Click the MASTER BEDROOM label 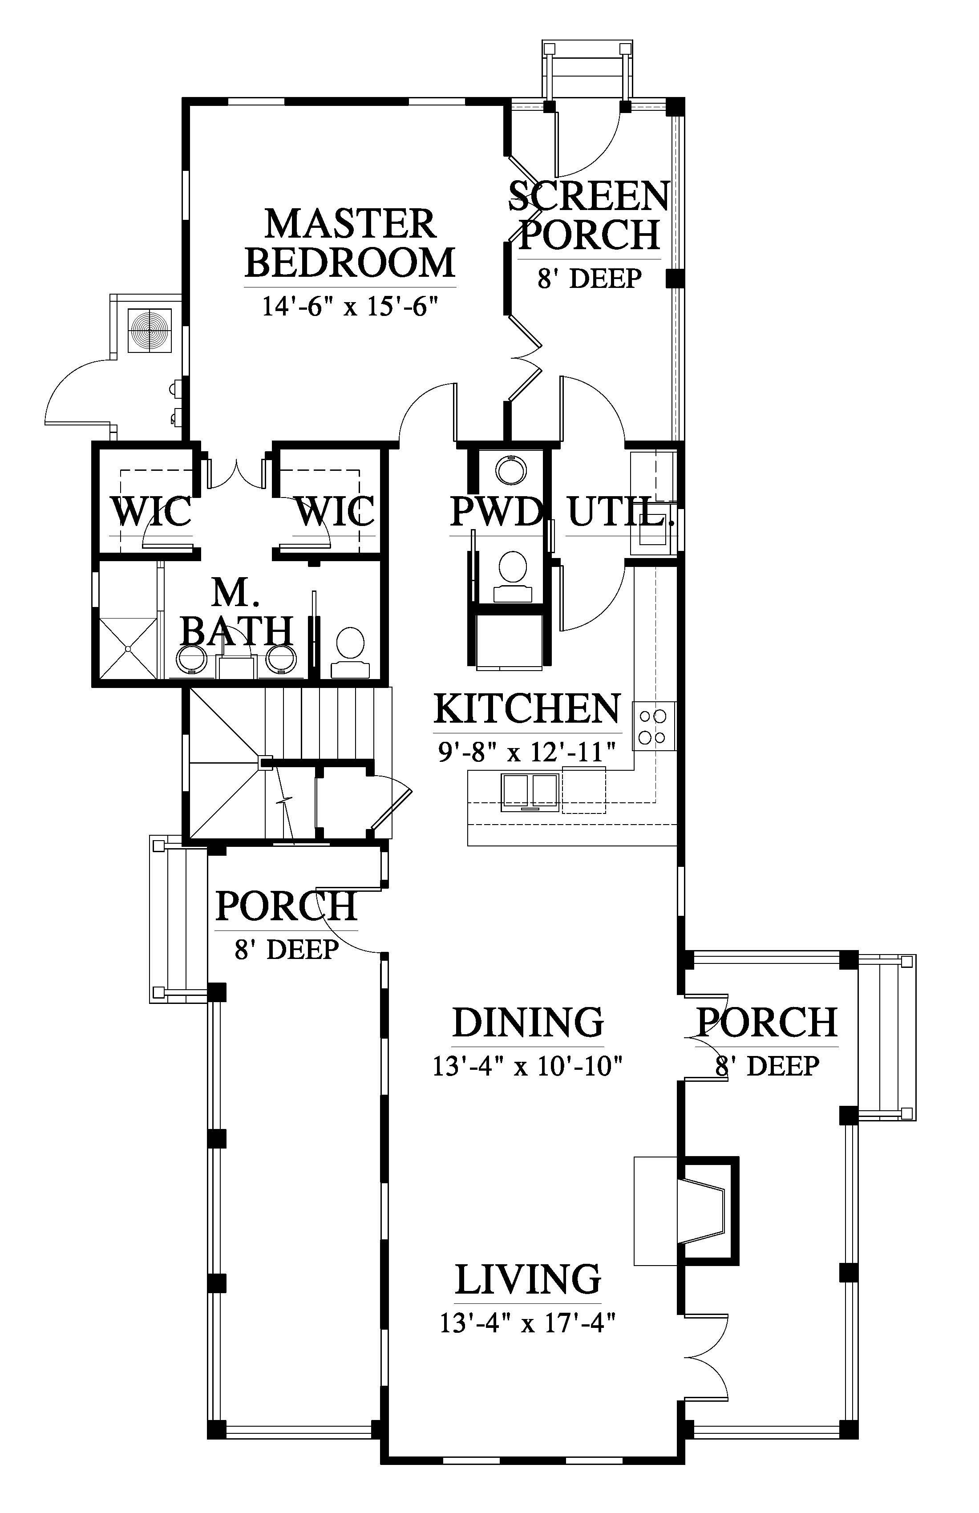[350, 243]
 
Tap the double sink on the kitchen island [530, 792]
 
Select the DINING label [528, 1022]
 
